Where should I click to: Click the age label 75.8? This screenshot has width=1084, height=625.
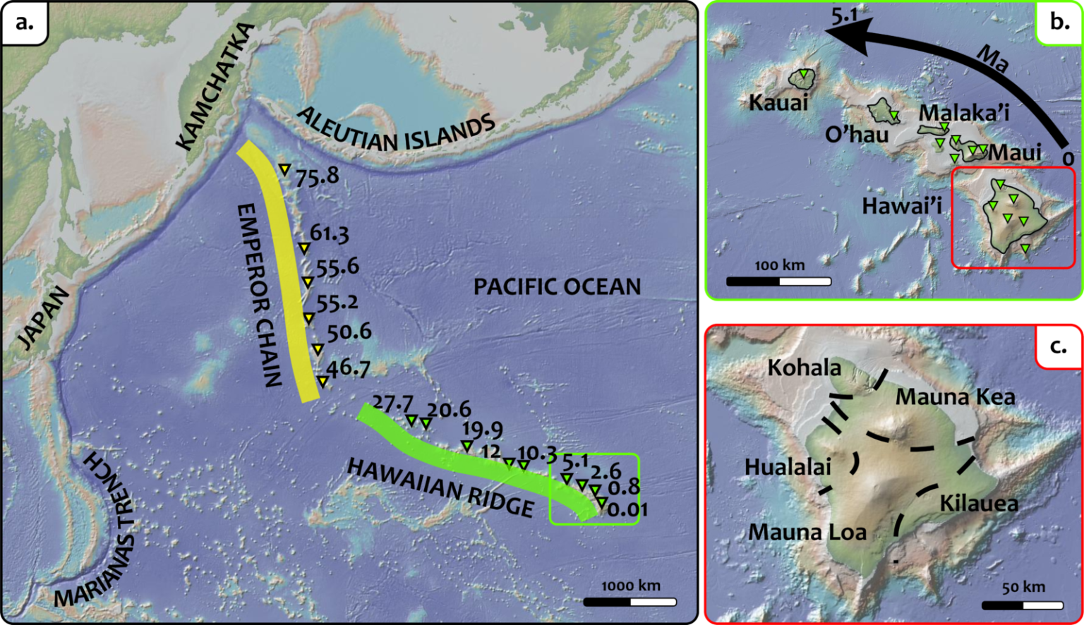(317, 176)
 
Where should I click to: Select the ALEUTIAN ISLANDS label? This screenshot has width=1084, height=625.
(395, 131)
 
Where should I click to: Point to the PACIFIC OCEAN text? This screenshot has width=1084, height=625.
(557, 287)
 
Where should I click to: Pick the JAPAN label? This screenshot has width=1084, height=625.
(44, 317)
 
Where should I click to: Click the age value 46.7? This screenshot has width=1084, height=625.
(348, 368)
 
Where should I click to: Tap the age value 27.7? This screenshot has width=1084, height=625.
(392, 403)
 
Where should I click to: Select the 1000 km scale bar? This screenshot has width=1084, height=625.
(630, 602)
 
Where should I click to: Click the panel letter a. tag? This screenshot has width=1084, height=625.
(24, 22)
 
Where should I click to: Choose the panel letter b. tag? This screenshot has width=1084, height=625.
(1059, 22)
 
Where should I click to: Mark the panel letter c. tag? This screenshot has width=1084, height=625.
(1058, 346)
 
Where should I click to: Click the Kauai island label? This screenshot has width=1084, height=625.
(778, 103)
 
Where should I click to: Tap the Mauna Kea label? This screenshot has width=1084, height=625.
(956, 397)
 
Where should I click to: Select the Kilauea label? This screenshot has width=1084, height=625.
(979, 503)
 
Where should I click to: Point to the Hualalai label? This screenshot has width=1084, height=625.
(788, 467)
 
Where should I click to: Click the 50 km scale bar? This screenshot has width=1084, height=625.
(1023, 605)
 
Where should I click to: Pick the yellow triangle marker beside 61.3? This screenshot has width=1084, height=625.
(303, 248)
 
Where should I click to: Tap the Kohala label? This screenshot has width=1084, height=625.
(805, 368)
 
